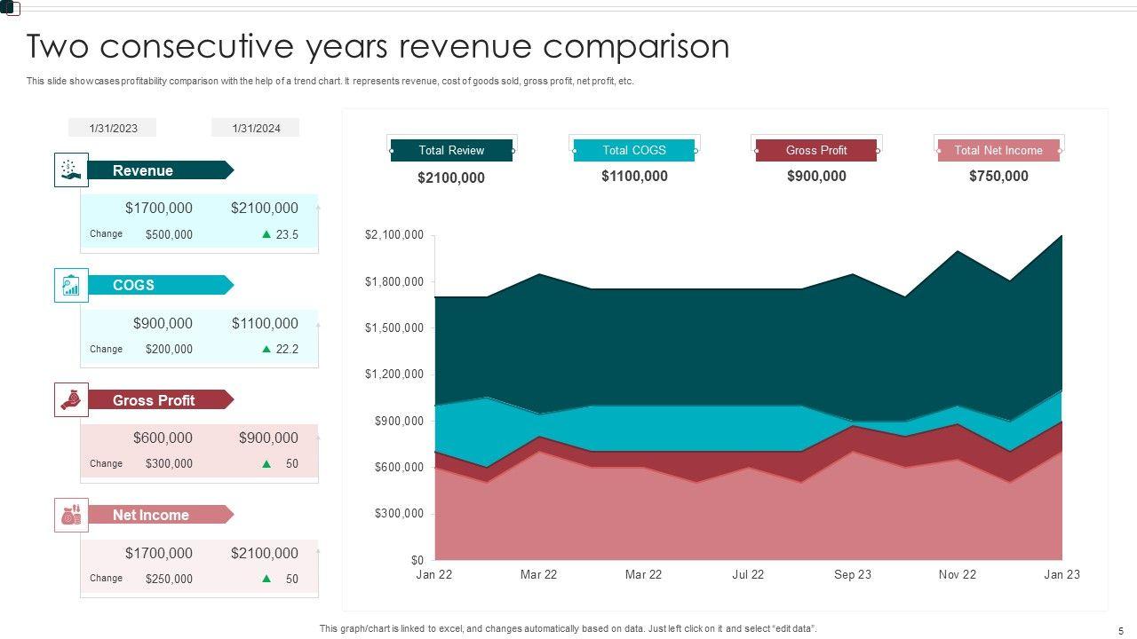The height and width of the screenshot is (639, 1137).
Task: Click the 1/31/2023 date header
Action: (113, 128)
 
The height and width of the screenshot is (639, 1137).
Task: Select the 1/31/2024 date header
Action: (256, 128)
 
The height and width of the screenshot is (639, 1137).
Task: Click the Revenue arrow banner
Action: (160, 170)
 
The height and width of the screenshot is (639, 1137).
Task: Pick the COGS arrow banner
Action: (160, 285)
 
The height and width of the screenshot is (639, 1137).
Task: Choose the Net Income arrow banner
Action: (160, 515)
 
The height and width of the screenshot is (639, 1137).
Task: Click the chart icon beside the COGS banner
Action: (71, 285)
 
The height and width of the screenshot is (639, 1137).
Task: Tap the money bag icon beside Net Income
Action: (71, 515)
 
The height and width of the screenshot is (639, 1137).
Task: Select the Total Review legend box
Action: (451, 150)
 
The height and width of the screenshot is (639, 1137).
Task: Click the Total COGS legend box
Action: (634, 150)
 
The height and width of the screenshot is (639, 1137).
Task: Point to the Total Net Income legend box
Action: (998, 150)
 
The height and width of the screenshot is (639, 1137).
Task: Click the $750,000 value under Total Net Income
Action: (998, 176)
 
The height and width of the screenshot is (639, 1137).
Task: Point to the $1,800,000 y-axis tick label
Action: (394, 281)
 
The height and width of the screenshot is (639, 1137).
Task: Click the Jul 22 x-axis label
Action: (748, 574)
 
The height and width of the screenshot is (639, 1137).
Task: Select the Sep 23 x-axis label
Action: (852, 574)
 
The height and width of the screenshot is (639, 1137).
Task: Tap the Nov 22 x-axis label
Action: (957, 574)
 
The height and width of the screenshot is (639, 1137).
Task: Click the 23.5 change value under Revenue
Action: (287, 235)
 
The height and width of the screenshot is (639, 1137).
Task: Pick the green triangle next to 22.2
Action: (266, 349)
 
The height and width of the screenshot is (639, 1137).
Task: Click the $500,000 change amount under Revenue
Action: (169, 235)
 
